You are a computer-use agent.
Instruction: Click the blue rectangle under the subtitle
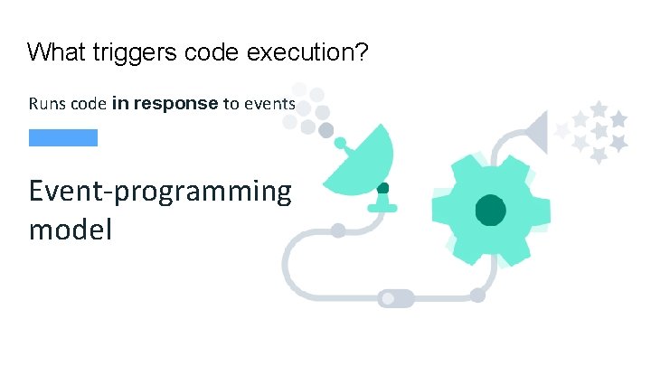tap(62, 137)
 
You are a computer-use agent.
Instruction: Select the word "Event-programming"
tap(160, 192)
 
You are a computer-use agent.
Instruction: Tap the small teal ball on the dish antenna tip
tap(340, 142)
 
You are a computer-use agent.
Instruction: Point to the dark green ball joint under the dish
tap(383, 188)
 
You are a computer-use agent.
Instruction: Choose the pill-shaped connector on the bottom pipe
tap(395, 296)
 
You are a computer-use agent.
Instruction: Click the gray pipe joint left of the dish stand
tap(337, 230)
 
